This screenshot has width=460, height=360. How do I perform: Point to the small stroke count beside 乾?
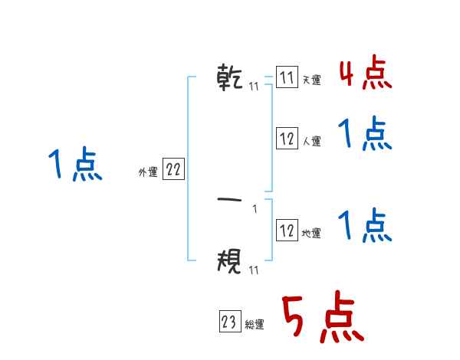click(x=253, y=87)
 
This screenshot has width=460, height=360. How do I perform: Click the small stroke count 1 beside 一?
click(x=255, y=209)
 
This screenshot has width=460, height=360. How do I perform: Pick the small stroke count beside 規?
click(x=253, y=270)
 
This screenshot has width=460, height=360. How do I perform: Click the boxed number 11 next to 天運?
click(x=287, y=78)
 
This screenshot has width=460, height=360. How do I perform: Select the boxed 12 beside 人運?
click(x=287, y=139)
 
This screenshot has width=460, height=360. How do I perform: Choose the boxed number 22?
click(x=173, y=170)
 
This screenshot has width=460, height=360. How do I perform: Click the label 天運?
click(x=311, y=80)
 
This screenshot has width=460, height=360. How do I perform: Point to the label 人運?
click(x=311, y=141)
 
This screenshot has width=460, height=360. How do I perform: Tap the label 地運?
click(x=311, y=234)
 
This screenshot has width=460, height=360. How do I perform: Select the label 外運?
click(x=148, y=172)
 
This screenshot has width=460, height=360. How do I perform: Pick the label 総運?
click(x=255, y=325)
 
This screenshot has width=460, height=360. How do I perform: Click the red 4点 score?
click(x=365, y=73)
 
